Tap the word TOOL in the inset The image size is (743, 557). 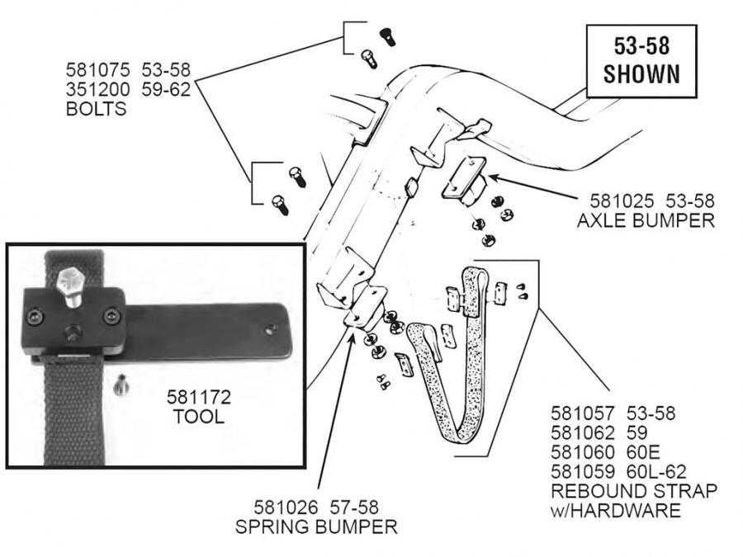[198, 417]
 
